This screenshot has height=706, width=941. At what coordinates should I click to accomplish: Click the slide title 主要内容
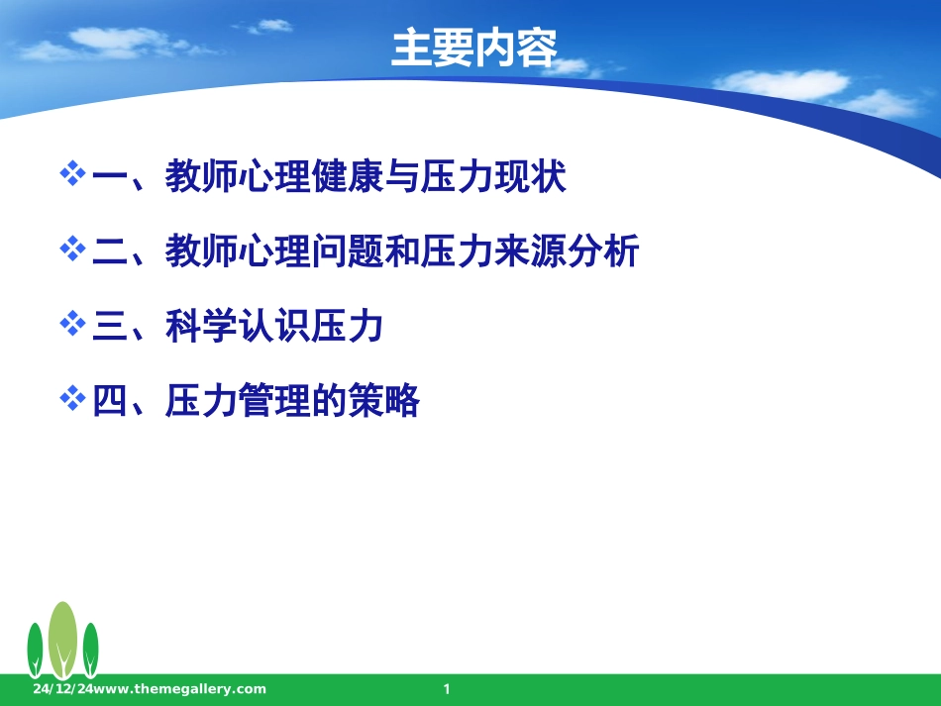coord(474,49)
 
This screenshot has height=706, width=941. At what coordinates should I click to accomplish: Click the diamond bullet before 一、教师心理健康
coord(73,175)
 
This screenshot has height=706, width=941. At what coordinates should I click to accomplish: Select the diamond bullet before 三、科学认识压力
coord(73,324)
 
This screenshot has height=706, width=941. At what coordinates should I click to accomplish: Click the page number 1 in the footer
coord(447,689)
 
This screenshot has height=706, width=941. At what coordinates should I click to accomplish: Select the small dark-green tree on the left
coord(35,649)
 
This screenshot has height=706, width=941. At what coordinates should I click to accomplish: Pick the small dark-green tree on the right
coord(90,649)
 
